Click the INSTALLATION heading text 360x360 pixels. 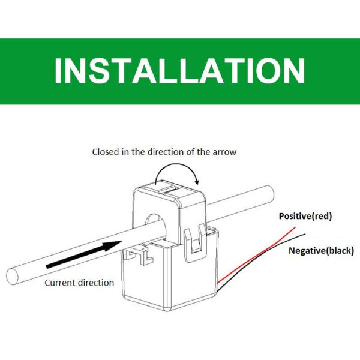(180, 70)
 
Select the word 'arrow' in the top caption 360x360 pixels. (224, 152)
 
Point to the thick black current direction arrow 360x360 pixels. (84, 254)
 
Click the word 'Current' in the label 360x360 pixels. (60, 283)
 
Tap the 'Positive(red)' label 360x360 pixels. (305, 216)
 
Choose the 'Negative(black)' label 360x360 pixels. (321, 250)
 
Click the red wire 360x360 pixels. (256, 256)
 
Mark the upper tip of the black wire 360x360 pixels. (305, 234)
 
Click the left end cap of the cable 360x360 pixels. (12, 277)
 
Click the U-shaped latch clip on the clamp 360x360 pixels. (196, 244)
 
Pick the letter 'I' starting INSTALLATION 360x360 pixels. (58, 70)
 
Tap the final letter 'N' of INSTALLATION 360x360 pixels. (294, 70)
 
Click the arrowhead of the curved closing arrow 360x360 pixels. (197, 182)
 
